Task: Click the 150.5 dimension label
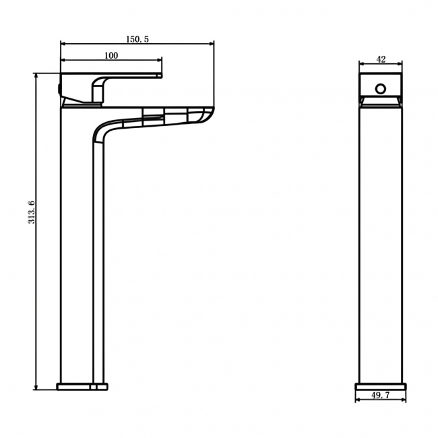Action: (137, 40)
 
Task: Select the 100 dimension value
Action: (111, 55)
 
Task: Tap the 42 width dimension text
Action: (381, 60)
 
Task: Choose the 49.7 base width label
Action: (381, 396)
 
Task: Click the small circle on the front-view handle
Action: (381, 88)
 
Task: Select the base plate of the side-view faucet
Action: (82, 387)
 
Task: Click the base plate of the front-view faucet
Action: (381, 387)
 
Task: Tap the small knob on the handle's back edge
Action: (59, 87)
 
